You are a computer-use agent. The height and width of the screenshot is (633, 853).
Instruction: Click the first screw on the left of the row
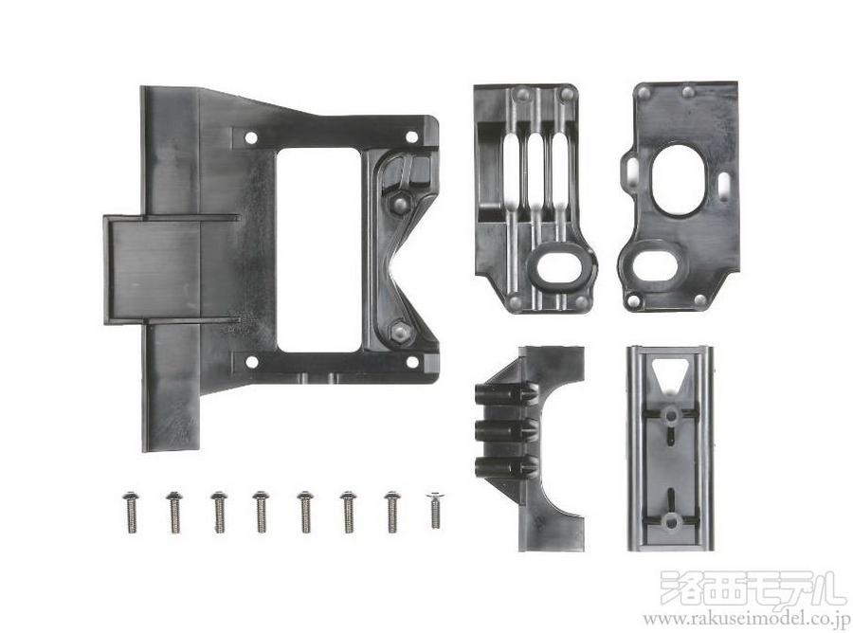point(131,512)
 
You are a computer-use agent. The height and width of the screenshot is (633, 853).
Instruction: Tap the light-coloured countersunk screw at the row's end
point(435,510)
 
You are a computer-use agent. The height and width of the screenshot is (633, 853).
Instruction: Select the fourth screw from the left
point(262,512)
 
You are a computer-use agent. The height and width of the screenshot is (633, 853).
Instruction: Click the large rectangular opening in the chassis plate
point(318,249)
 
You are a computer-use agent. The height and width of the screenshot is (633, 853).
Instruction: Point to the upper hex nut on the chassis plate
point(400,204)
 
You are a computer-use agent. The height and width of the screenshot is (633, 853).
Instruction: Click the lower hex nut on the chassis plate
point(401,331)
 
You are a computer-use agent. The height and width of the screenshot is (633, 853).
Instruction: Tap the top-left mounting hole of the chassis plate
point(251,137)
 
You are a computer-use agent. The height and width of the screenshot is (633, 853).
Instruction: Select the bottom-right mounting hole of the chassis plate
point(412,362)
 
